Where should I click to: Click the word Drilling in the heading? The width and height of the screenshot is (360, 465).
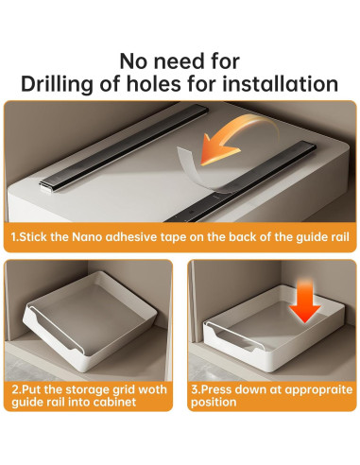[57, 84]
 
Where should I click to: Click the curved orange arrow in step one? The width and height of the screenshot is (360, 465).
[235, 139]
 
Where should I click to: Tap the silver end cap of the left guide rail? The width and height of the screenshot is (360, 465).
[46, 188]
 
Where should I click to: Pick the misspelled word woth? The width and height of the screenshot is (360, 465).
[153, 389]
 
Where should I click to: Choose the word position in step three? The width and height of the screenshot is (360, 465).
[214, 403]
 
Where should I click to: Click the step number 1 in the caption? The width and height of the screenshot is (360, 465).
[13, 236]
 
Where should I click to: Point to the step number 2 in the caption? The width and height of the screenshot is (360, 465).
[15, 389]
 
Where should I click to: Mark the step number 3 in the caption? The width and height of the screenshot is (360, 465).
[195, 389]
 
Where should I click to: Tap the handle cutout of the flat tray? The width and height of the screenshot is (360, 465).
[234, 337]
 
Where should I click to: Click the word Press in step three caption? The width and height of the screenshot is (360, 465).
[216, 389]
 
